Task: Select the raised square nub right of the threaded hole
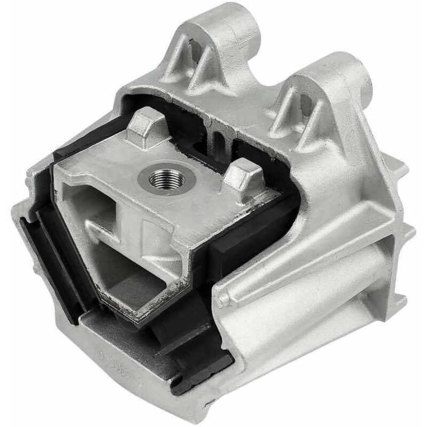[243, 176]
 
